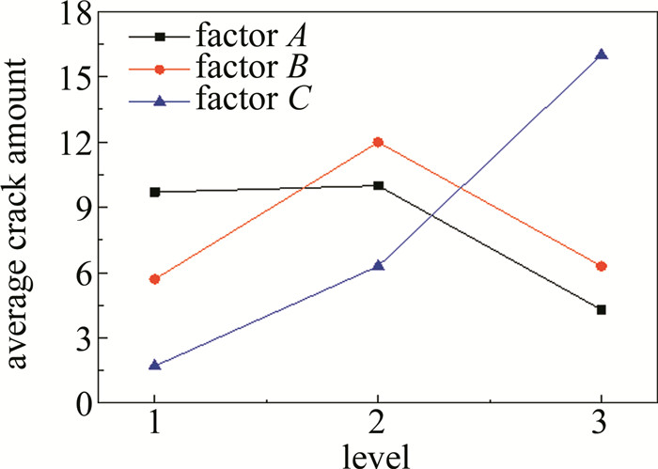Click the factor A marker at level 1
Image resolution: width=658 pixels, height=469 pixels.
tap(155, 192)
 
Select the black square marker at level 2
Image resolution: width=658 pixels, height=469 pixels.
tap(378, 185)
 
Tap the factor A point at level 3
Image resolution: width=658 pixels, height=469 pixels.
tap(601, 309)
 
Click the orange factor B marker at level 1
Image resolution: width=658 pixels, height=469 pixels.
tap(155, 279)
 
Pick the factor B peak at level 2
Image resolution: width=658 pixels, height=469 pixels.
tap(378, 142)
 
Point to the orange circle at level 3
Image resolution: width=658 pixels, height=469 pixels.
tap(601, 266)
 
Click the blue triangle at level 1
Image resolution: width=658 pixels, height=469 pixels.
tap(155, 365)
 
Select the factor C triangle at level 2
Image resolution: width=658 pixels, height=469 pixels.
tap(378, 265)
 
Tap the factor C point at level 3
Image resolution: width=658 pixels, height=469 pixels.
tap(601, 55)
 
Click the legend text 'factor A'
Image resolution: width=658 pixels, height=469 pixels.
tap(248, 37)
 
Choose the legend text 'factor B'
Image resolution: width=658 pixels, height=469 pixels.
tap(248, 67)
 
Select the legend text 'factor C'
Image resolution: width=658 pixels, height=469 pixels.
tap(248, 96)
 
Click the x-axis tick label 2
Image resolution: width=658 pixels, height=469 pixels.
tap(378, 427)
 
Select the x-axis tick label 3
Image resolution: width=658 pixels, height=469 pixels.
tap(601, 427)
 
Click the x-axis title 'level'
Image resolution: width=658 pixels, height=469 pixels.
tap(377, 456)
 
